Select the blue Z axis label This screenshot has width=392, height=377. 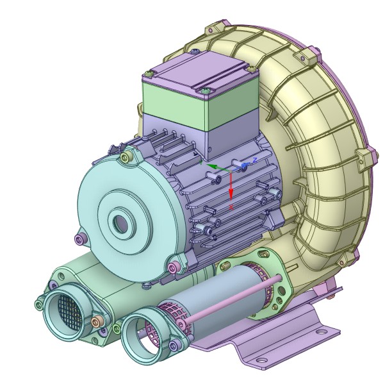254,160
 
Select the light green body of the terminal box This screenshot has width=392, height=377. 173,103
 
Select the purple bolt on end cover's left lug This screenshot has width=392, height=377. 79,239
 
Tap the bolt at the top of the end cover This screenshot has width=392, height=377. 126,154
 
